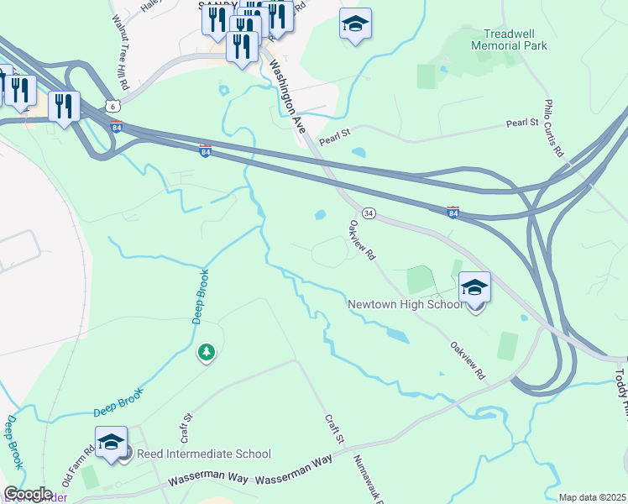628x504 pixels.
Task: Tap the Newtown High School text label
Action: (406, 304)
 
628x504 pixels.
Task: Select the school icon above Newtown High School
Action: (474, 288)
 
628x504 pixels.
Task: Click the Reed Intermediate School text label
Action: (204, 454)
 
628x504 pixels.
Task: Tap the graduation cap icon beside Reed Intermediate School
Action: (111, 443)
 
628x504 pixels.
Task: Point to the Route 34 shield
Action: (368, 213)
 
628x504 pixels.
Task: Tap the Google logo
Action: (28, 494)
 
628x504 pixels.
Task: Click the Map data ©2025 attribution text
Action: (592, 497)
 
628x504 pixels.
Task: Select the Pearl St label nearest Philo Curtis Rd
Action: (521, 123)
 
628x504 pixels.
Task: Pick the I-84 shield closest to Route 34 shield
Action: (453, 213)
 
